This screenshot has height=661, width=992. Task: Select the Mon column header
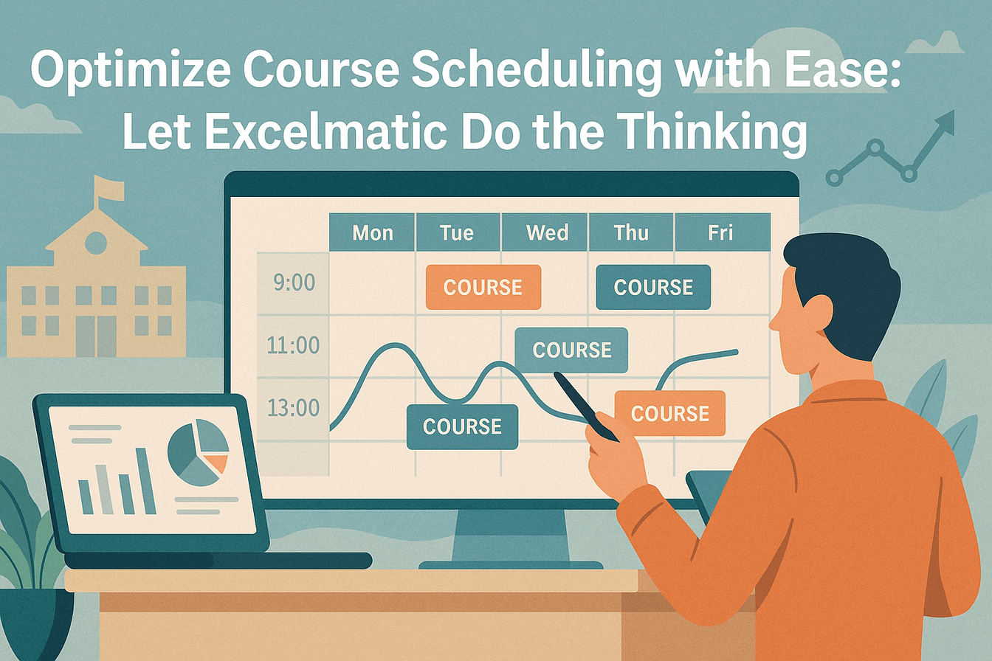[x=373, y=233]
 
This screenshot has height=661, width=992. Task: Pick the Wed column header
[x=547, y=233]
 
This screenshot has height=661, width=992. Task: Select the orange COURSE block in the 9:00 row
[x=483, y=287]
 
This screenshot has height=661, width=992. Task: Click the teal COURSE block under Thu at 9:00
[x=653, y=287]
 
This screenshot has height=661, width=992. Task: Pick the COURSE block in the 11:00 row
[x=571, y=350]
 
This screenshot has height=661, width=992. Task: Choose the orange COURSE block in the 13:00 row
[x=670, y=413]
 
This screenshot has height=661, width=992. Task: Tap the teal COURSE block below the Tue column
[x=462, y=426]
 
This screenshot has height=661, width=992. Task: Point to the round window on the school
[x=95, y=242]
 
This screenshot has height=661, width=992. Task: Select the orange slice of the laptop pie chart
[x=216, y=463]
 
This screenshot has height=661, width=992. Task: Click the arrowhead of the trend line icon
[x=945, y=122]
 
